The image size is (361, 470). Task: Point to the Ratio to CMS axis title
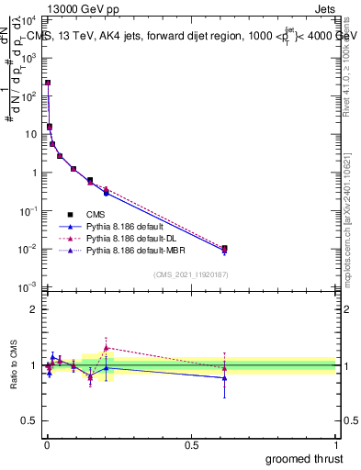(14, 365)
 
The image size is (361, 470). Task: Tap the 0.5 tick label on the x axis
(191, 445)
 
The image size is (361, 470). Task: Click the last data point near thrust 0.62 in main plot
(225, 248)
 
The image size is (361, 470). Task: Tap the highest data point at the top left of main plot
(48, 83)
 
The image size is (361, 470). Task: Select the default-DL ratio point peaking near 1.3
(107, 348)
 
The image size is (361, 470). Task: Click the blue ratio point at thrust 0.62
(225, 377)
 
